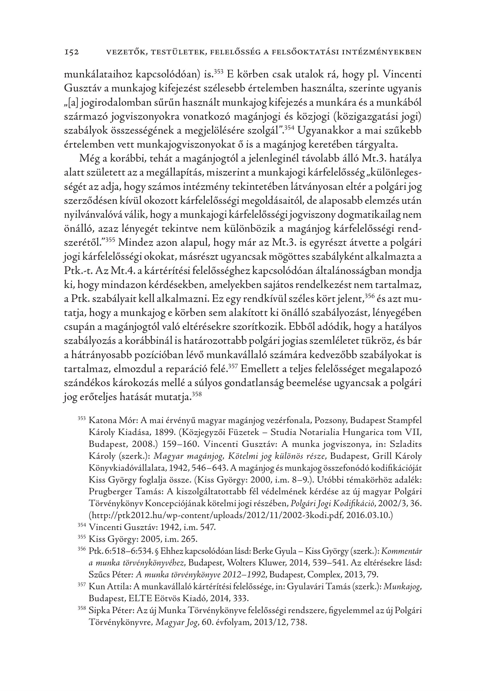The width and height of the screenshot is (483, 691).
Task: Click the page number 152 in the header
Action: point(71,52)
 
